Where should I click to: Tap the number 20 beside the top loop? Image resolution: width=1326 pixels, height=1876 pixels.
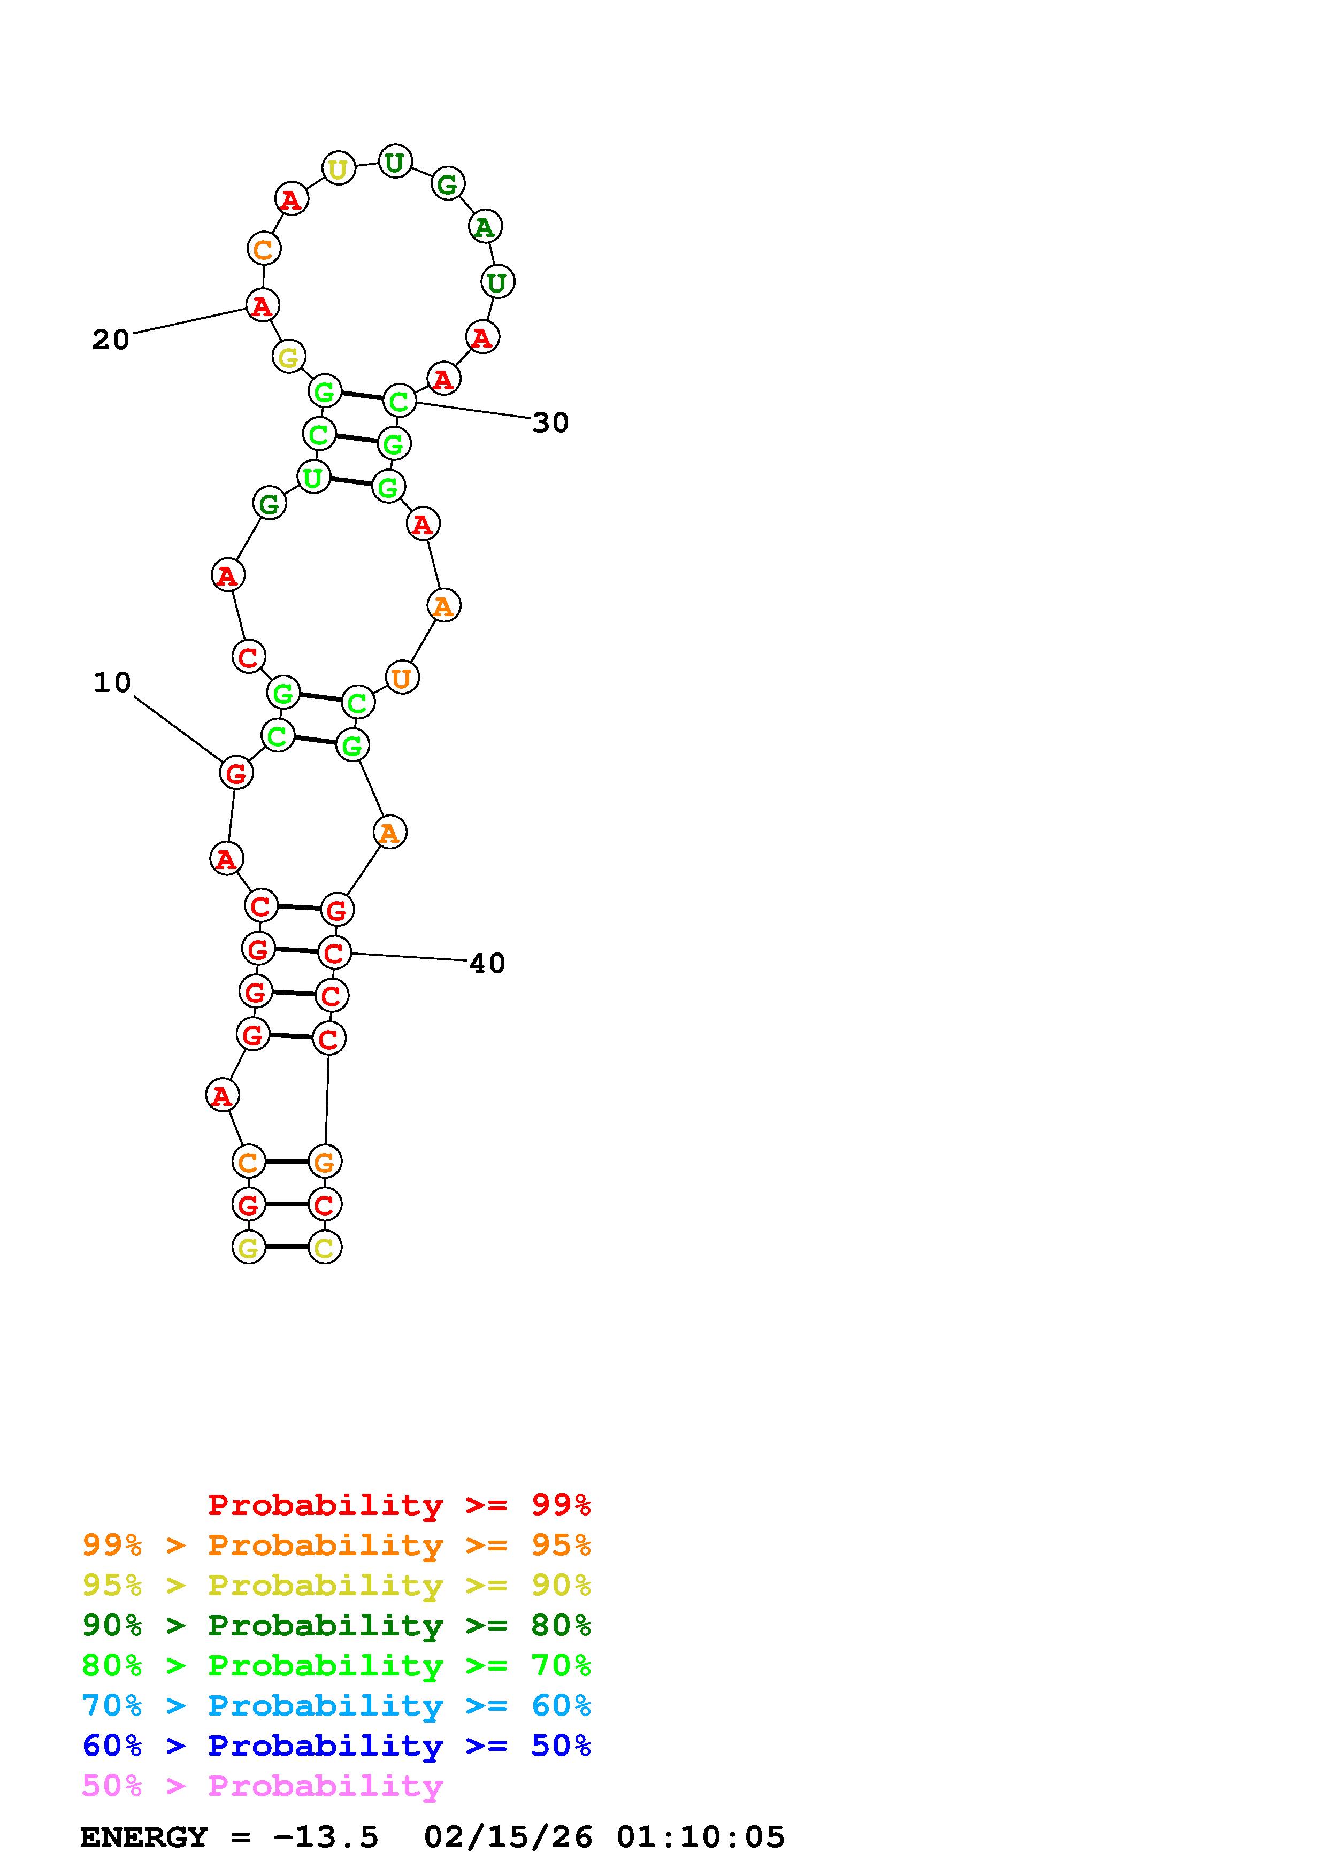click(x=111, y=339)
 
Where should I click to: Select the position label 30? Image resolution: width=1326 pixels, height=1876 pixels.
click(x=550, y=422)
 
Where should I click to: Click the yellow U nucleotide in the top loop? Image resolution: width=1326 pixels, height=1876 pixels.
click(x=338, y=169)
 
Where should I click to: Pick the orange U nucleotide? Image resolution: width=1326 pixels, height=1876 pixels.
click(x=401, y=678)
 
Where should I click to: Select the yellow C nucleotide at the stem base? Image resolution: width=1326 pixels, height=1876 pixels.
click(x=324, y=1248)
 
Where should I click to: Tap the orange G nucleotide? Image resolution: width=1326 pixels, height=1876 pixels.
click(x=324, y=1161)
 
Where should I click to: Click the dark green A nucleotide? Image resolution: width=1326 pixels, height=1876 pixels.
click(x=485, y=227)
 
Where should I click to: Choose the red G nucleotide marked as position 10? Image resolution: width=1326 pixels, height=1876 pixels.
click(x=236, y=773)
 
